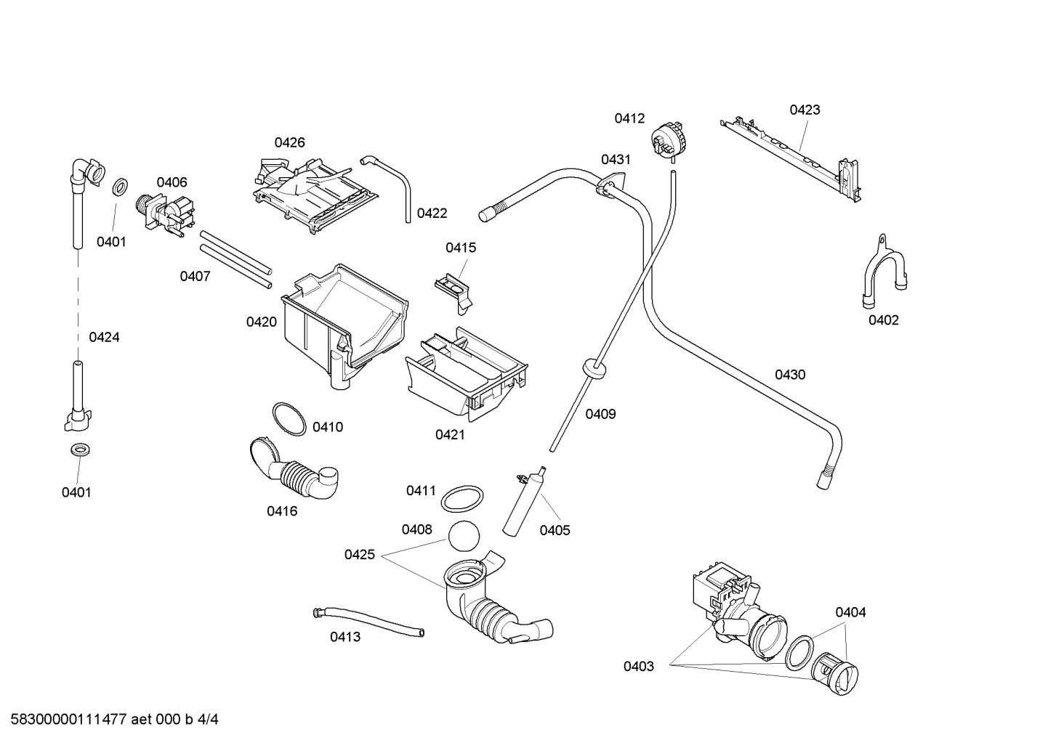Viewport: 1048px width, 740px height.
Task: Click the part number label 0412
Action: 629,118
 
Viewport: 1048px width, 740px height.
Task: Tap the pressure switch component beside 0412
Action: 669,138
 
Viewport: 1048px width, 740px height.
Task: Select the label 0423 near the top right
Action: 805,110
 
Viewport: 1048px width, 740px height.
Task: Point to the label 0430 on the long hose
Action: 789,375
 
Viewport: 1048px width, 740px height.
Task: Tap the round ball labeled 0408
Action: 464,538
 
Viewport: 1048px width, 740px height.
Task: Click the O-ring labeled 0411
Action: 463,499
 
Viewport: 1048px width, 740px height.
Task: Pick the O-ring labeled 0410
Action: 289,420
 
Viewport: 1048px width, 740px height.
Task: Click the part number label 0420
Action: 261,322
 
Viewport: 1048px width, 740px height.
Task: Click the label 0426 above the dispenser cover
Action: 289,142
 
